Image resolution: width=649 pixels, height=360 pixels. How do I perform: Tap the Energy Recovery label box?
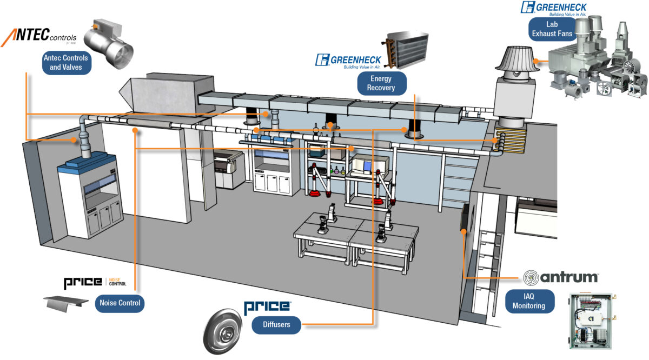tap(382, 83)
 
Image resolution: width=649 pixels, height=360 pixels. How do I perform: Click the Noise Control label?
tap(120, 303)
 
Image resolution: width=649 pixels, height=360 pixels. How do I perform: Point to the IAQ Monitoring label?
tap(529, 302)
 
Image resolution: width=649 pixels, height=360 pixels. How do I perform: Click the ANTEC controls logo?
tap(39, 37)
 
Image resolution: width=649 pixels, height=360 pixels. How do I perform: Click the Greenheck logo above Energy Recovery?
tap(349, 62)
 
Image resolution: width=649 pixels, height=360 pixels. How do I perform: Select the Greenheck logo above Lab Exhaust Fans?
tap(553, 8)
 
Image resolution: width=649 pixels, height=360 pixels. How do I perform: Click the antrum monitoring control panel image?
tap(592, 323)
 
